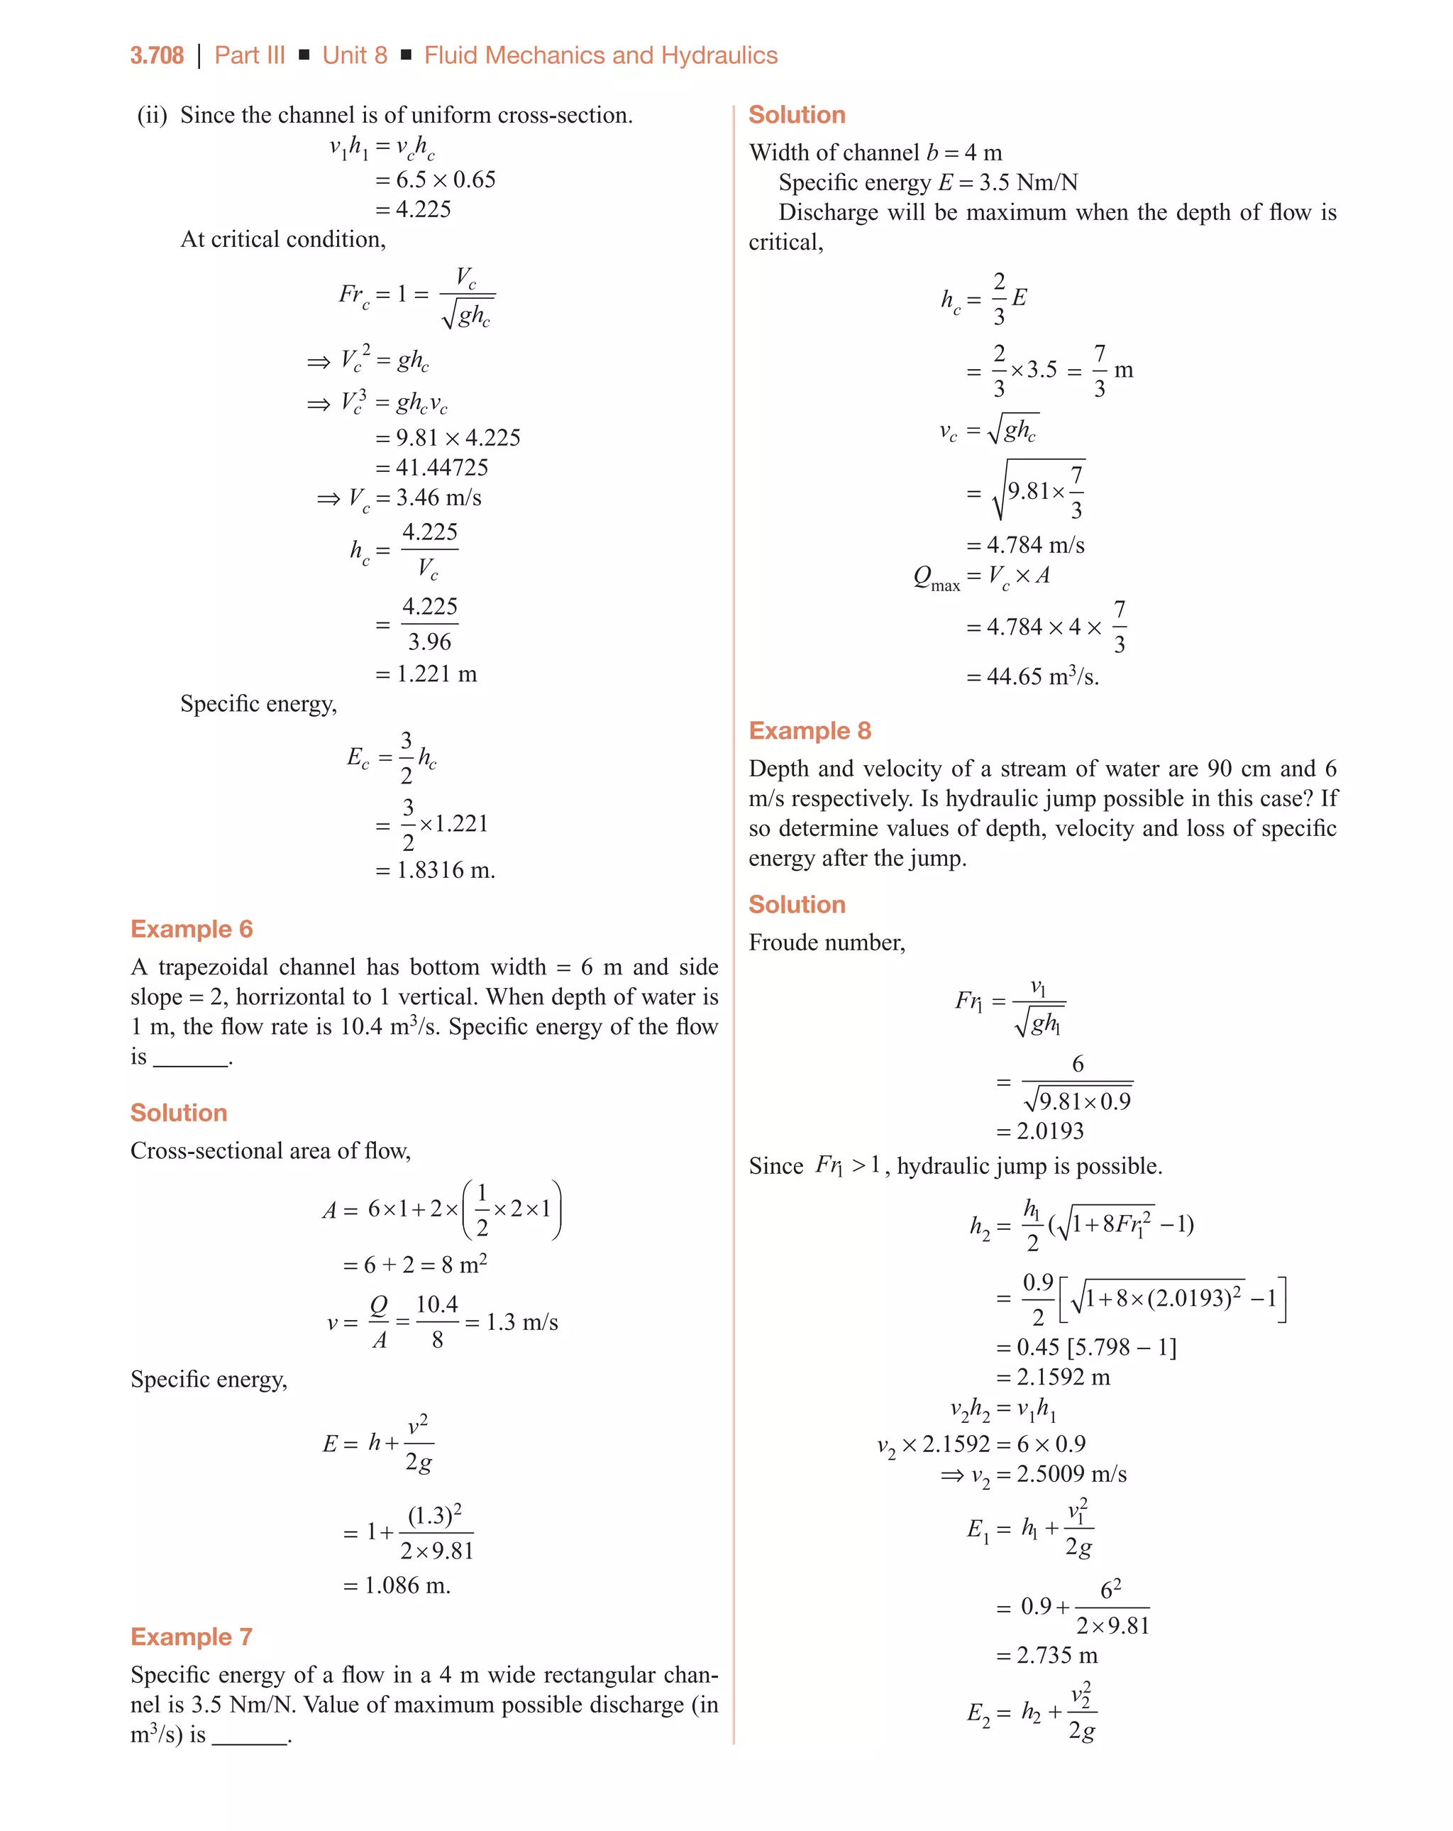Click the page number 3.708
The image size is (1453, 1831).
pos(156,56)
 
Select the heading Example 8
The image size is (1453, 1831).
pos(810,730)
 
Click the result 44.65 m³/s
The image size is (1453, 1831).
pos(1042,677)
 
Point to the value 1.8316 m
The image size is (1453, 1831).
pos(445,871)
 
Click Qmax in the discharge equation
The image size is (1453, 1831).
pos(936,578)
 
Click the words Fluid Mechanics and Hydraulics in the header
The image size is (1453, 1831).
pos(600,56)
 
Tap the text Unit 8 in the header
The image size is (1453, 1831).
pos(354,56)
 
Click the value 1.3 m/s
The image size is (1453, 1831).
pos(521,1322)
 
